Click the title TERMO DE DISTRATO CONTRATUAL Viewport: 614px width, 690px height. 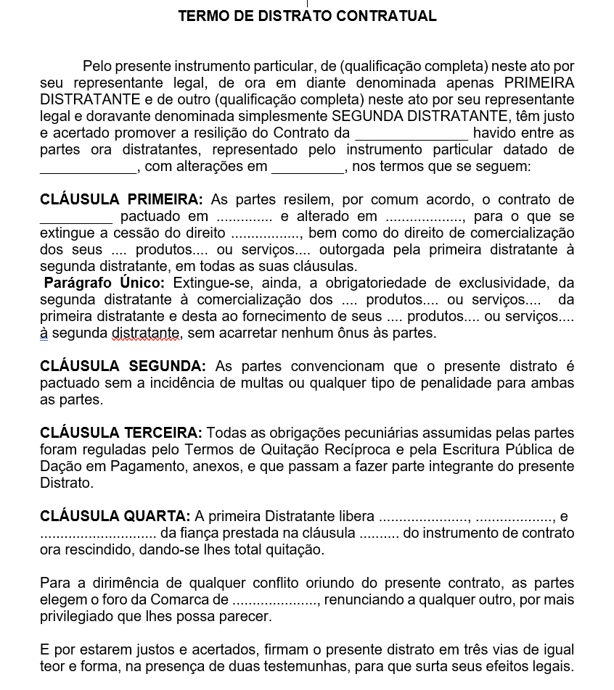307,16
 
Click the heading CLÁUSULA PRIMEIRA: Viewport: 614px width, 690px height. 121,199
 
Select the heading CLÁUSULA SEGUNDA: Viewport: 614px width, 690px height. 123,366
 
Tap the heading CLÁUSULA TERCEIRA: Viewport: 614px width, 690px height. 121,433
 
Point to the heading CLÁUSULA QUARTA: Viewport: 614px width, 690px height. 115,516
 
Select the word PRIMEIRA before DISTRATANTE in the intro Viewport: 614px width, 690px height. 539,83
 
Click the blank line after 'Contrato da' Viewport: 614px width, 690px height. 412,134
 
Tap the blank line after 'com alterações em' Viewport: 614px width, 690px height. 308,167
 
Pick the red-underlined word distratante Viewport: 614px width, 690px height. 145,333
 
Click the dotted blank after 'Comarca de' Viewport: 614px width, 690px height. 276,600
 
